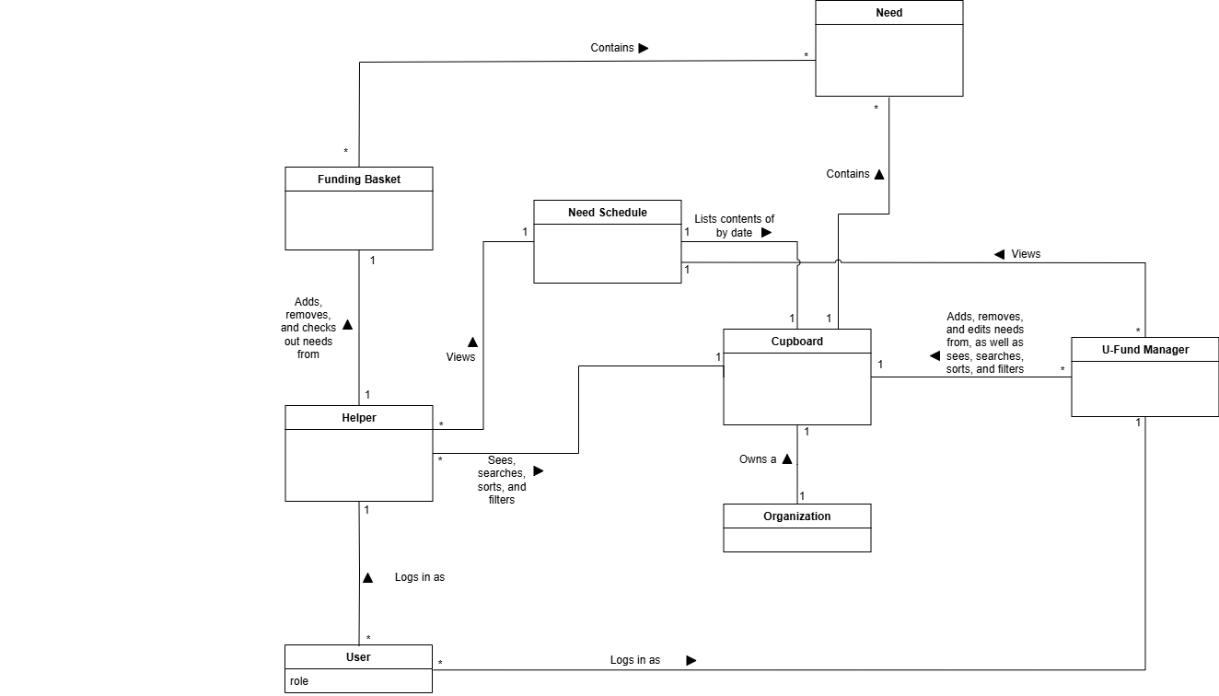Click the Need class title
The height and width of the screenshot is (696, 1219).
click(888, 13)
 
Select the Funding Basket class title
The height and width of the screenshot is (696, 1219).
click(359, 180)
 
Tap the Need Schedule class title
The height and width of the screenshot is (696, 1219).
click(608, 213)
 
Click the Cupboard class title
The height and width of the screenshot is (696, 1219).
click(797, 342)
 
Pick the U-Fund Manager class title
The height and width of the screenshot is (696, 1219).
click(1144, 350)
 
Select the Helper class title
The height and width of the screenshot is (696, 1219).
click(359, 418)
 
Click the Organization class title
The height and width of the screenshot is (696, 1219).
click(797, 516)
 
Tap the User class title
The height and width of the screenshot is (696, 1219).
click(358, 657)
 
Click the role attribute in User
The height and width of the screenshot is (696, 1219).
click(299, 681)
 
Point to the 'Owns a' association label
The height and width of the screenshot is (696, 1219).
click(758, 459)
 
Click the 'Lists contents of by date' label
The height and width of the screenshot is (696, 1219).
click(734, 226)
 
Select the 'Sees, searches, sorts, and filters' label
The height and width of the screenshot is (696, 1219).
click(502, 480)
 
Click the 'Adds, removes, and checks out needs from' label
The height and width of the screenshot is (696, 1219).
click(308, 328)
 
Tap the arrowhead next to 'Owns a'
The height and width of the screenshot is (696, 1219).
click(786, 458)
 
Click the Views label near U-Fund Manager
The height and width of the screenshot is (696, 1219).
click(1026, 254)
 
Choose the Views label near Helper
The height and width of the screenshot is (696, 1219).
click(460, 357)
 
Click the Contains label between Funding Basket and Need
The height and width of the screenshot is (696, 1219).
click(612, 48)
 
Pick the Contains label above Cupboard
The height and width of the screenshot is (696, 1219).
click(848, 174)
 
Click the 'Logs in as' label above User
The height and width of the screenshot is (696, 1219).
click(420, 577)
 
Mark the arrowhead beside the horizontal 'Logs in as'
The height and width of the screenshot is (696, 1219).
click(691, 660)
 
